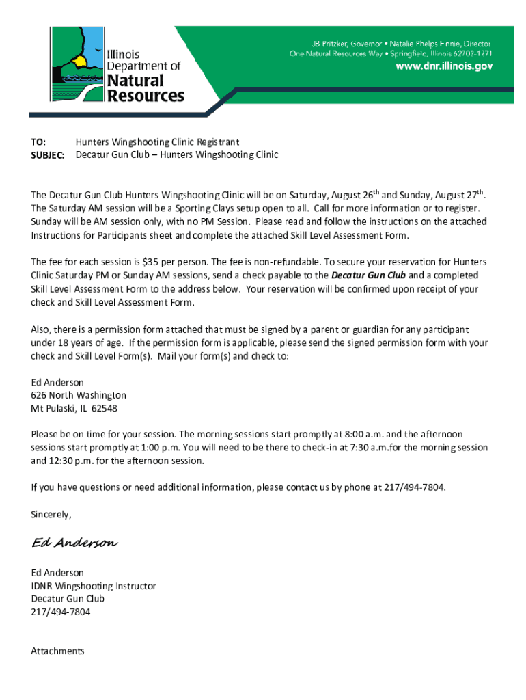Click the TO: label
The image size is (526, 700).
point(38,142)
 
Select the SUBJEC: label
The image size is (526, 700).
point(47,155)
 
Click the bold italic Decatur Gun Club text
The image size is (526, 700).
point(368,275)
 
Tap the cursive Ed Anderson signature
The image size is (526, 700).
point(74,543)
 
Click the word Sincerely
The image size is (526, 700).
point(51,513)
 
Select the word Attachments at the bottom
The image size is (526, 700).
point(57,651)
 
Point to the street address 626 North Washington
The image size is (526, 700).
point(79,395)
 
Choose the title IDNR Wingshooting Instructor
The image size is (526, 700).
point(94,586)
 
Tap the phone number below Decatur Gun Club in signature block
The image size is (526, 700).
point(60,612)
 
